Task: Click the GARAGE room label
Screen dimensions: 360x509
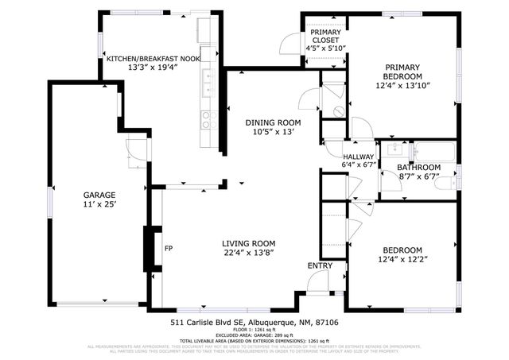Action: coord(100,195)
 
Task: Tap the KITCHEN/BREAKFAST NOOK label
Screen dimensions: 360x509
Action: coord(153,59)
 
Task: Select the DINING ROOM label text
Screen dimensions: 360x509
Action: coord(273,122)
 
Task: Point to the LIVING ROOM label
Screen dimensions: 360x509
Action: coord(249,243)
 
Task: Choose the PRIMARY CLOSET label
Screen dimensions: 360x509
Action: coord(325,36)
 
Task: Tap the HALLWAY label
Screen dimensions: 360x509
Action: coord(358,157)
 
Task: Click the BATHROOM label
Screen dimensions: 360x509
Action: coord(419,167)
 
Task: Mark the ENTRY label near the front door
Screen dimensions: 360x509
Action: coord(321,265)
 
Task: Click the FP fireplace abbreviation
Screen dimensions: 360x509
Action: coord(169,249)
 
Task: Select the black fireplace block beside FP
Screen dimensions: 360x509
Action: coord(148,250)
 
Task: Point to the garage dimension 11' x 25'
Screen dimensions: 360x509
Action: coord(100,205)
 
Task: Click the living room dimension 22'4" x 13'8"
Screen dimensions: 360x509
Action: coord(249,254)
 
